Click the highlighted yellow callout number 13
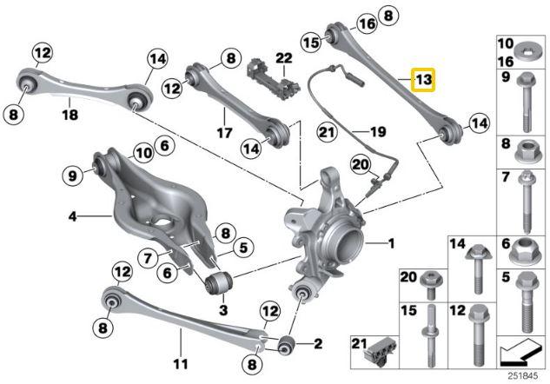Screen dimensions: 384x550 point(423,81)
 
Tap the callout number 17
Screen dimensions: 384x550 point(223,134)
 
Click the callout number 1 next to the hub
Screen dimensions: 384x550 point(390,243)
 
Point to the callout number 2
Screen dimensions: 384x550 point(317,343)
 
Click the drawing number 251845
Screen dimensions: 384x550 point(525,374)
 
